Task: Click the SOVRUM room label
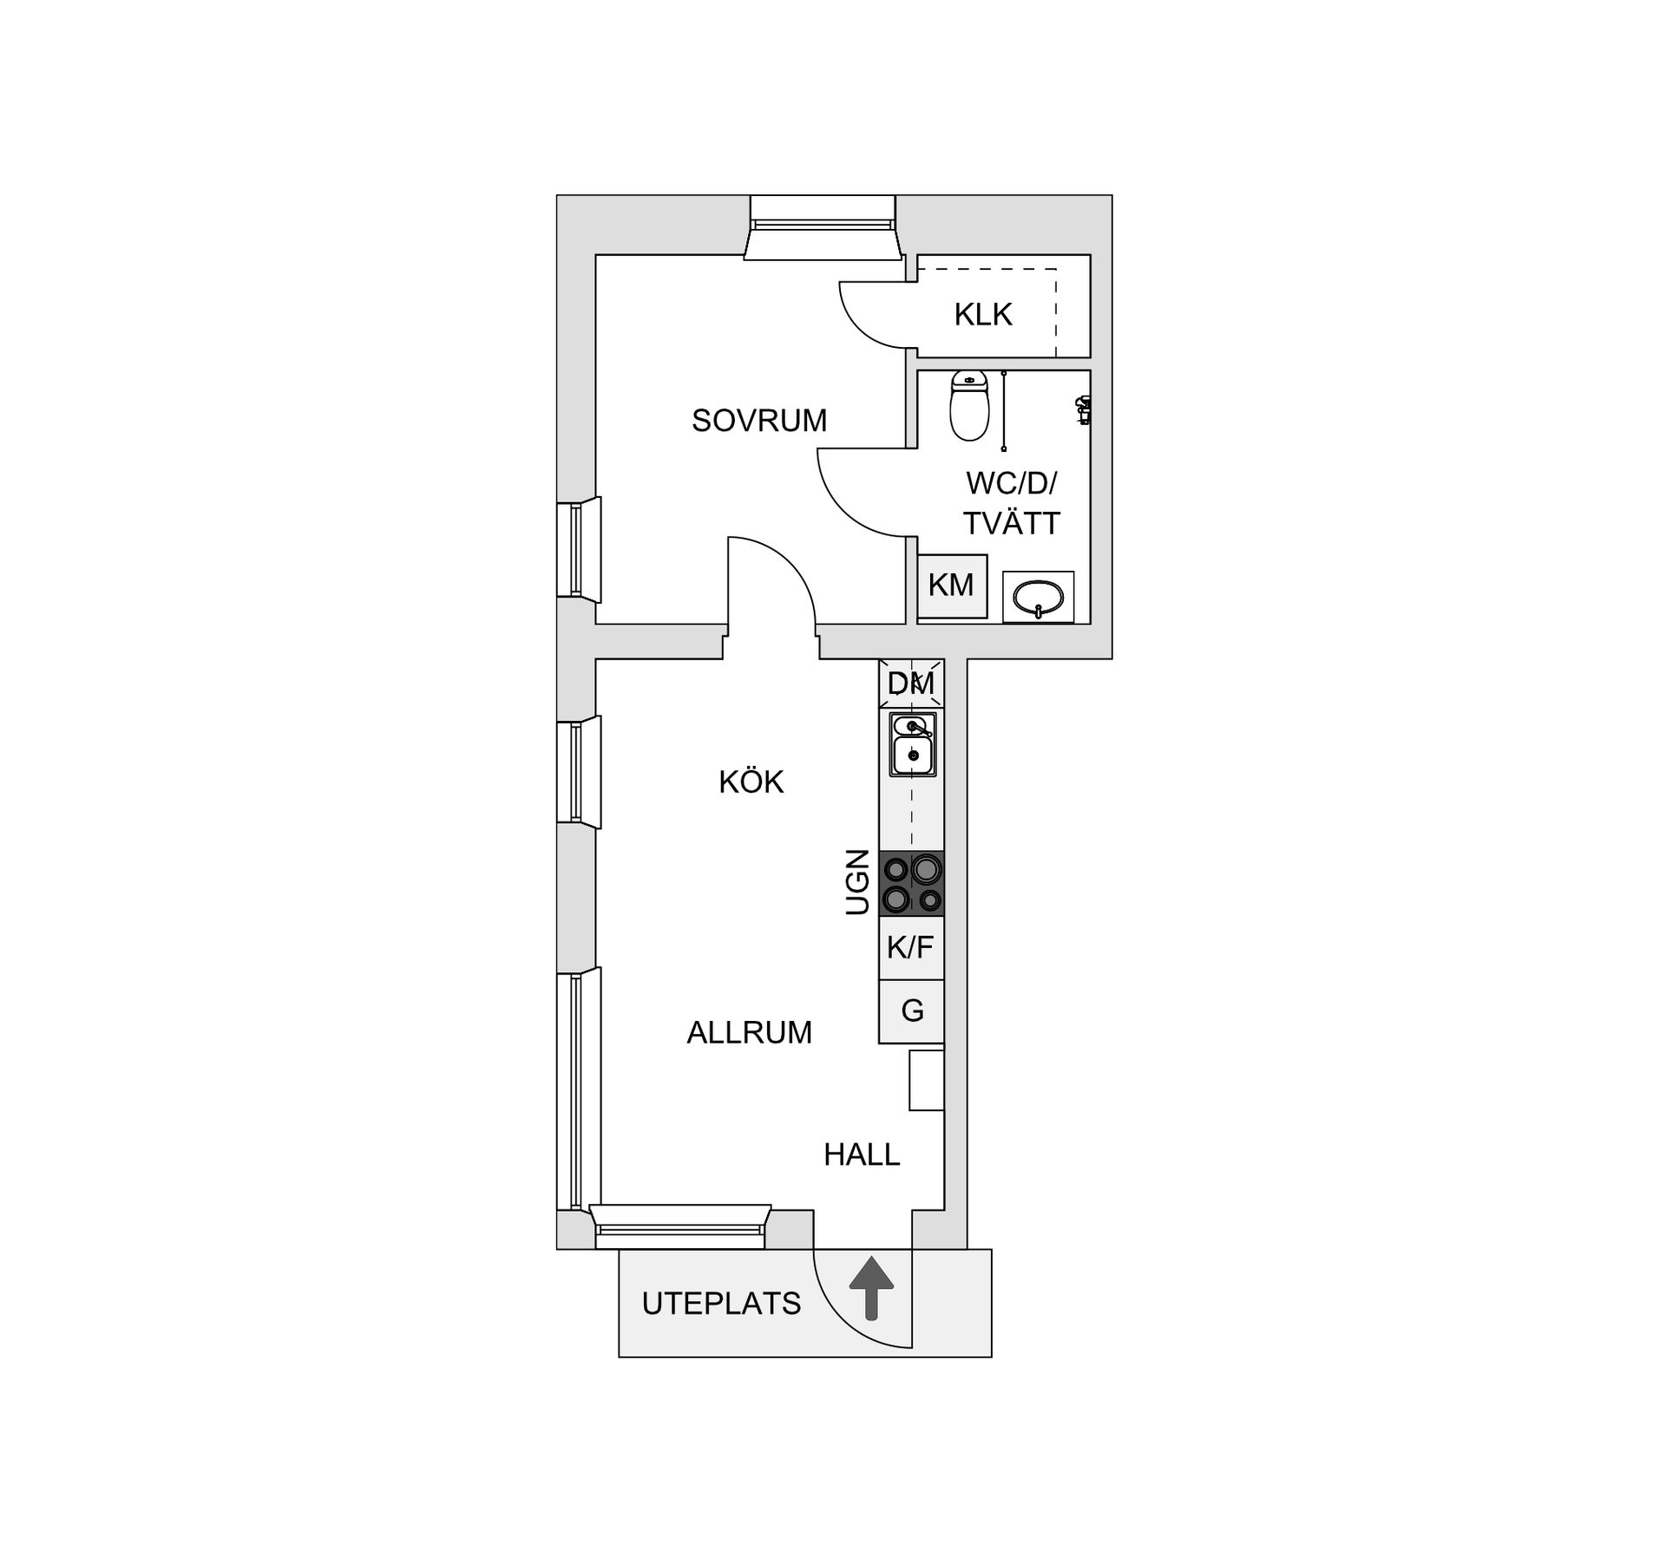(759, 421)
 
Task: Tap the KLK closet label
(983, 315)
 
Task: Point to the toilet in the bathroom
(969, 406)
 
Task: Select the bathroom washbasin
(1039, 597)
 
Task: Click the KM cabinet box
(953, 585)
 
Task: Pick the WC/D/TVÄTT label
(1012, 503)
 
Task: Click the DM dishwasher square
(911, 683)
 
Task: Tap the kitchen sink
(913, 744)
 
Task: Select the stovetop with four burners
(911, 883)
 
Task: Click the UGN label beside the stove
(857, 882)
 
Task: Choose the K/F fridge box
(911, 948)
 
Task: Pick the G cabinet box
(911, 1011)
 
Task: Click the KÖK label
(751, 782)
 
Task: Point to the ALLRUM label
(750, 1032)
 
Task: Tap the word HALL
(862, 1154)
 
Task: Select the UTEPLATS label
(721, 1304)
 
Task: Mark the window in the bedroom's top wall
(823, 227)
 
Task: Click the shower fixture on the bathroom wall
(1083, 409)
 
